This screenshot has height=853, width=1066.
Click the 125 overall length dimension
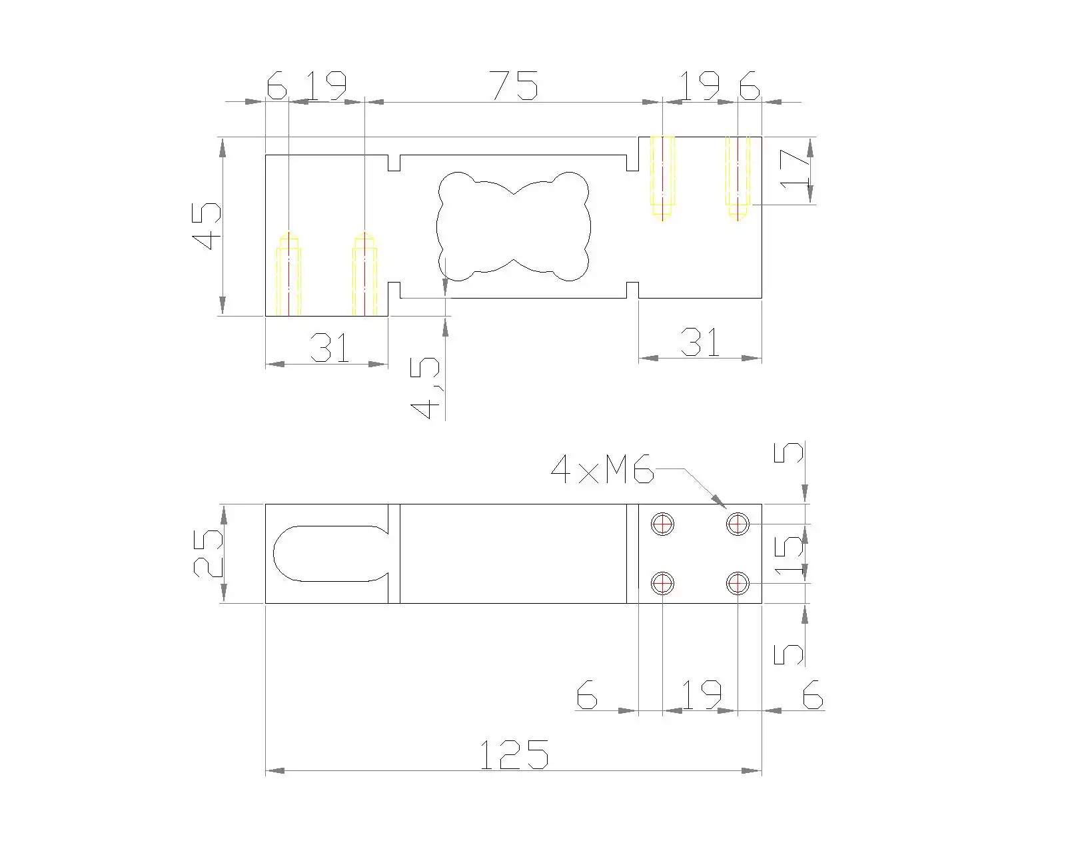(514, 754)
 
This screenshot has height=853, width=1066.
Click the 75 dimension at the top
(514, 85)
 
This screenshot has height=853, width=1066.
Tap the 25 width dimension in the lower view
(207, 553)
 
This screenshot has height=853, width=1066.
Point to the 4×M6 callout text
(602, 471)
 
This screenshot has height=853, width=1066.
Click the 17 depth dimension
(794, 169)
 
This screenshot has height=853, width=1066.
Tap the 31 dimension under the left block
(330, 347)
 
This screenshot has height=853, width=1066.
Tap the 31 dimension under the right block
(700, 342)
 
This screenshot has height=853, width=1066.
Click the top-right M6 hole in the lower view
(738, 524)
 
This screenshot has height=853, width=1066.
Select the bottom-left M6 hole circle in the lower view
(662, 584)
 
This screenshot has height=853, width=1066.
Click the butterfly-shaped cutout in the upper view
(513, 227)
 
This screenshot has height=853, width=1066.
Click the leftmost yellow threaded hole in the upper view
(288, 275)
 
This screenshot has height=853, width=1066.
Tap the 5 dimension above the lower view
(790, 454)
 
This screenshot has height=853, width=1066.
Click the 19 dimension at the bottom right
(701, 694)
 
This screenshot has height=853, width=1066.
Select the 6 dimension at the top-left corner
(276, 85)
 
